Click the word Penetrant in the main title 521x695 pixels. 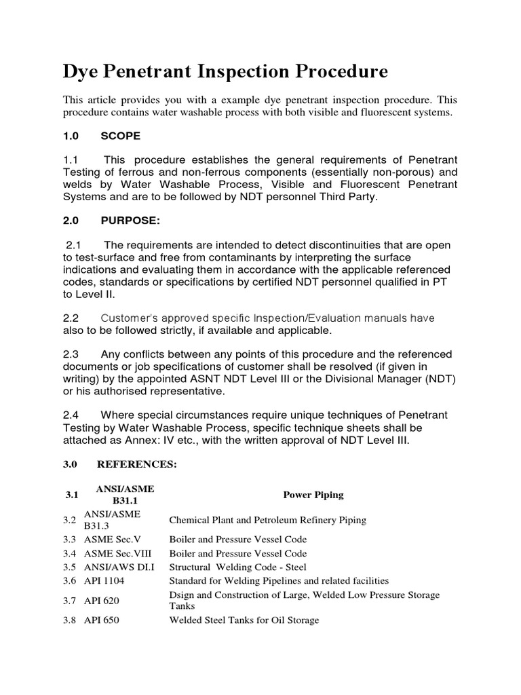(x=152, y=72)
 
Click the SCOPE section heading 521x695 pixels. (x=121, y=136)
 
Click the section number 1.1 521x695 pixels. (x=71, y=160)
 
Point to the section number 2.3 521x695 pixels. (x=71, y=354)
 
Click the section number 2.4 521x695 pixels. (x=71, y=415)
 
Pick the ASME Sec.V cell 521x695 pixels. (x=112, y=539)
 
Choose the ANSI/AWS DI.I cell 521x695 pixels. (x=115, y=567)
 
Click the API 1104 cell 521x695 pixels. (x=104, y=580)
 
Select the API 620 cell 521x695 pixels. (x=102, y=600)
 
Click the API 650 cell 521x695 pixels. (x=102, y=620)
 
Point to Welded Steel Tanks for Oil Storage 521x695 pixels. (x=244, y=620)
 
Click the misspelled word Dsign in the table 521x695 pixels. (x=182, y=595)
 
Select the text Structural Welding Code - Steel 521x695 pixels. (x=237, y=567)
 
